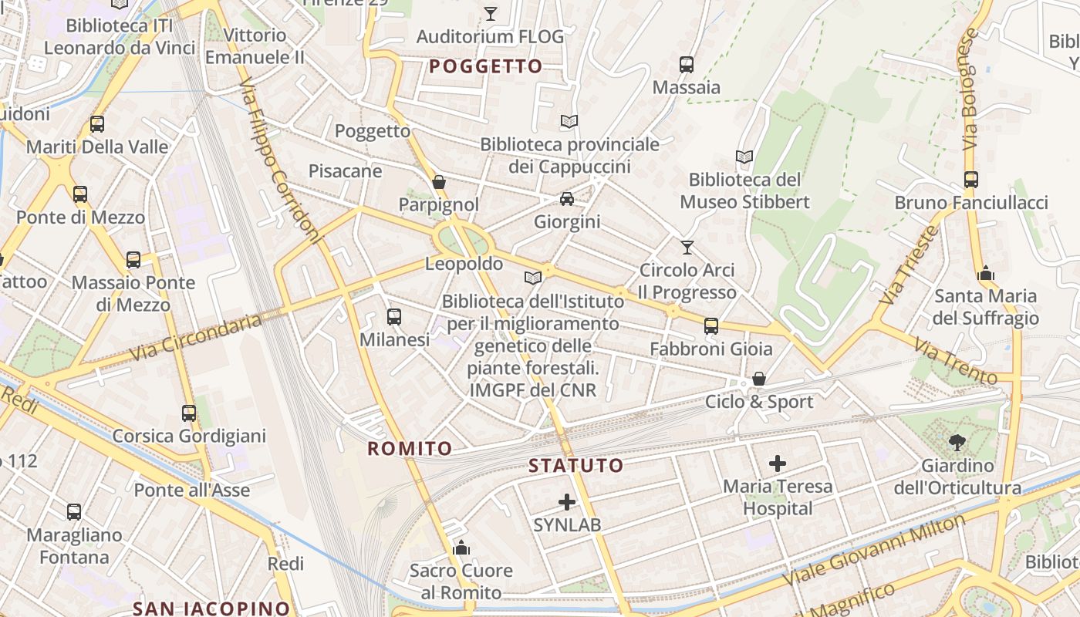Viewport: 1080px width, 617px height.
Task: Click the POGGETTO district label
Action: point(486,67)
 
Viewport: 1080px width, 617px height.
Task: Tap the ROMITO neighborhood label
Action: point(410,449)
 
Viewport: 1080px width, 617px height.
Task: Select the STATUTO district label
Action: point(576,466)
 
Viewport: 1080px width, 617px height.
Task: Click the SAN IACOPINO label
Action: point(211,608)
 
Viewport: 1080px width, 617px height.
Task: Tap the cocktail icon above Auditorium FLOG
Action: point(490,13)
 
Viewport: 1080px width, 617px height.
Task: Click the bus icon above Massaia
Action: point(687,65)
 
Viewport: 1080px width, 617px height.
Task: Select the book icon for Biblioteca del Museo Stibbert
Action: point(744,157)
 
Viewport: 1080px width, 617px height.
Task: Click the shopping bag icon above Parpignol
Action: point(439,182)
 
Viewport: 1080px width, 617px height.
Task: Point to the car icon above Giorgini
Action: point(567,199)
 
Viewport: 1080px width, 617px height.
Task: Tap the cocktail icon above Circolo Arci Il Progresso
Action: point(687,248)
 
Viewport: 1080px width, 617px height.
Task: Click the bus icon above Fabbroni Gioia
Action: point(711,326)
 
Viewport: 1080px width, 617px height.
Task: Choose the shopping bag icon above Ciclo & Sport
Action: point(759,379)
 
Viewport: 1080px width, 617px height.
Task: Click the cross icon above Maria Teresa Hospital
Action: point(778,464)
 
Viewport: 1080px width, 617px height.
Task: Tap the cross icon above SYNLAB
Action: point(567,502)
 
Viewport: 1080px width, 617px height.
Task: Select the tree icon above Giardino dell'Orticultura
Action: point(957,443)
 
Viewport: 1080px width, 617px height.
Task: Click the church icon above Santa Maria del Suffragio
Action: point(986,273)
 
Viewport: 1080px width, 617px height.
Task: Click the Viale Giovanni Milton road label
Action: point(874,551)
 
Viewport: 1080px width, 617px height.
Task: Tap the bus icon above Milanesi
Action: point(394,317)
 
